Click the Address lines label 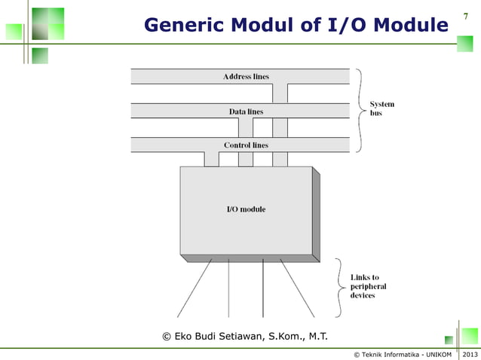[246, 77]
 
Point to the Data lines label [246, 111]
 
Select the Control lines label [246, 145]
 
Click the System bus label [381, 108]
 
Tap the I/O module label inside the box [246, 209]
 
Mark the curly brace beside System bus [360, 110]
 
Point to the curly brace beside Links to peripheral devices [339, 287]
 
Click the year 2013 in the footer [470, 354]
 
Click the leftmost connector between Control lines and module [211, 159]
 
